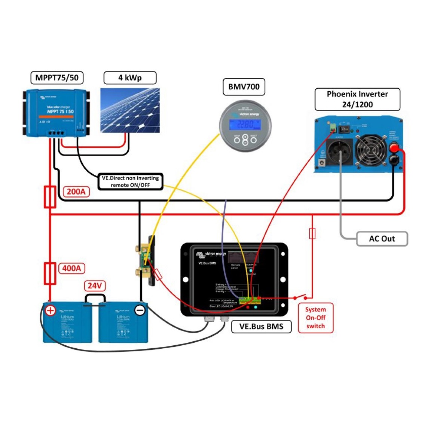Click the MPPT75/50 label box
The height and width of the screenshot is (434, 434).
(57, 78)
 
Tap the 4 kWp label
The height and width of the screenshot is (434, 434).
(130, 78)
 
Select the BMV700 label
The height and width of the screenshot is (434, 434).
(244, 87)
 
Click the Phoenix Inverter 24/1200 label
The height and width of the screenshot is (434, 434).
(357, 99)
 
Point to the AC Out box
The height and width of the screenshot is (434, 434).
(382, 239)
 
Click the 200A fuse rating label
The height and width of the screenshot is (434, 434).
(76, 192)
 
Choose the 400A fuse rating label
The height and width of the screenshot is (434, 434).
(71, 268)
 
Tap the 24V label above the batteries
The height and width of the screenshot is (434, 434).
(95, 286)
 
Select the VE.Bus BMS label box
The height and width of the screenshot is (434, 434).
(261, 326)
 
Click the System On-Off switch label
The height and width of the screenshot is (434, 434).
(315, 318)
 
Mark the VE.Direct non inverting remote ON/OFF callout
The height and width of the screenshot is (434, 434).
(130, 181)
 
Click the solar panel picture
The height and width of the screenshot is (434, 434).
(130, 110)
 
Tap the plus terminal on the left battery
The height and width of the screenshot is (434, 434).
(50, 310)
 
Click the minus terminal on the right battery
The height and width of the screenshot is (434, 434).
(140, 310)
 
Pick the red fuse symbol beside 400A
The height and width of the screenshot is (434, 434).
(50, 273)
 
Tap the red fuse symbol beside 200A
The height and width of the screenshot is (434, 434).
(50, 197)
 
